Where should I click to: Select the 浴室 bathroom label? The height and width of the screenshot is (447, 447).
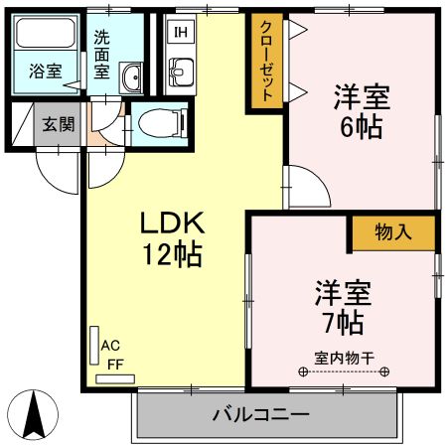click(45, 72)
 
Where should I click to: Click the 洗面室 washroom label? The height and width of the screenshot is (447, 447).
click(103, 55)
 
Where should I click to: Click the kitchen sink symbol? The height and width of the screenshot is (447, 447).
click(182, 71)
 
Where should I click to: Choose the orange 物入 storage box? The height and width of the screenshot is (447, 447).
click(392, 232)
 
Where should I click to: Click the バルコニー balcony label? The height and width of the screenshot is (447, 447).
click(260, 414)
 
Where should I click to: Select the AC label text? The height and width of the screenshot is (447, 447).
click(113, 346)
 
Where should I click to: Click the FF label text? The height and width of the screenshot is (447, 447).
click(114, 364)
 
